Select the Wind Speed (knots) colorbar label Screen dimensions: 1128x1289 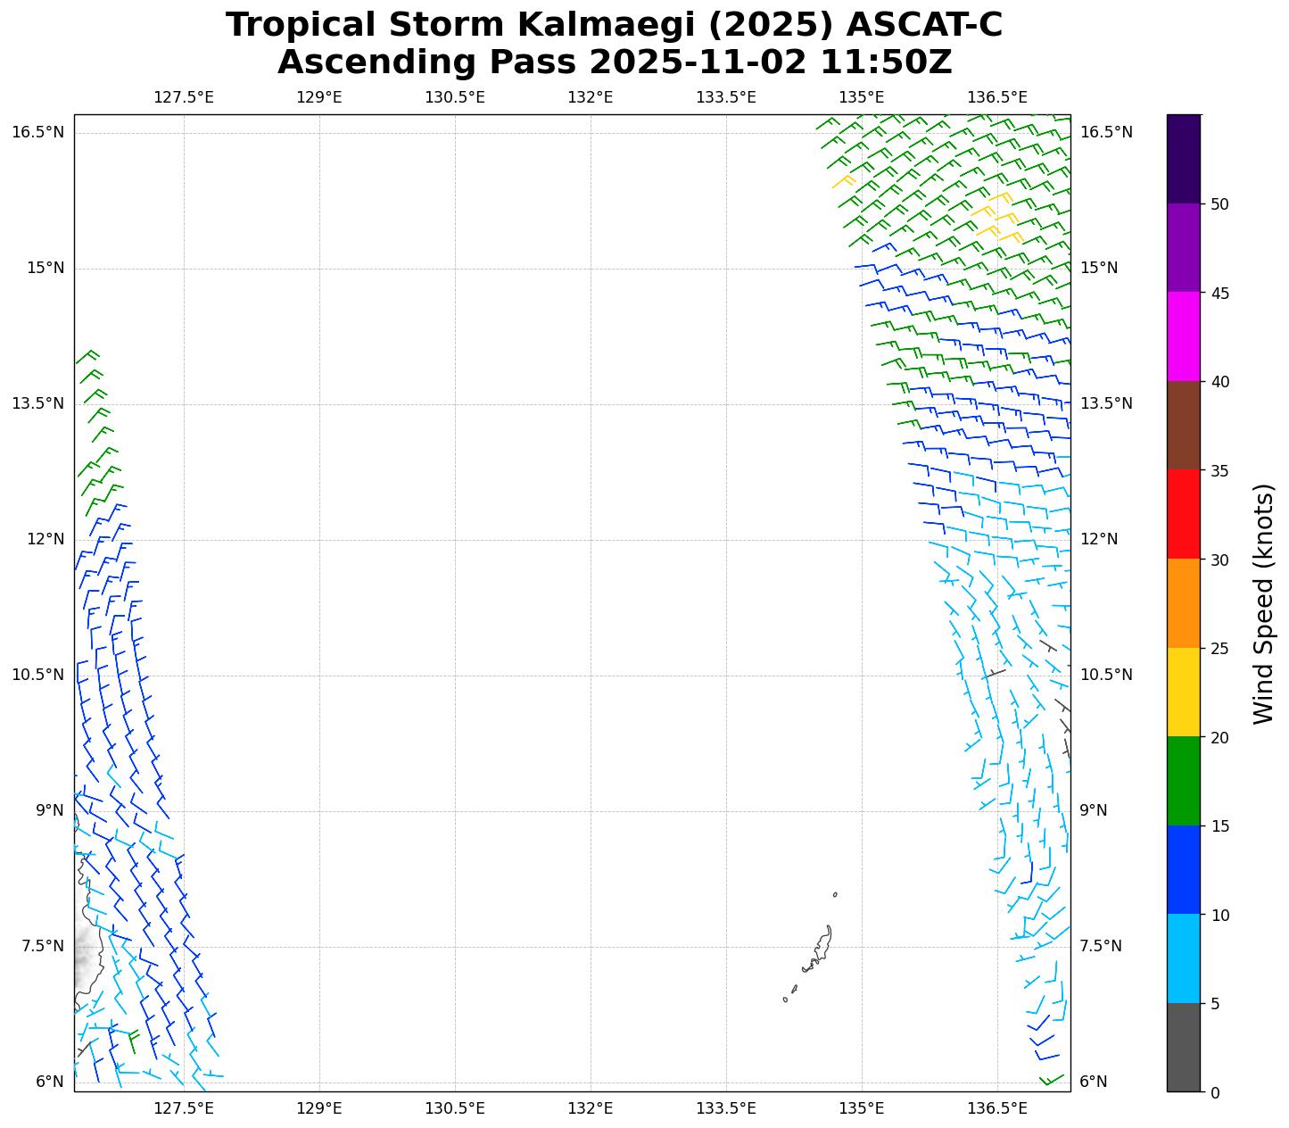point(1263,603)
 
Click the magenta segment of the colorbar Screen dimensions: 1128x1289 point(1184,336)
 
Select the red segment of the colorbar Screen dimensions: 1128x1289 point(1184,514)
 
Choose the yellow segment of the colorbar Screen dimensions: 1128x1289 point(1184,692)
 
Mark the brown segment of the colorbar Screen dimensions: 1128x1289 point(1184,426)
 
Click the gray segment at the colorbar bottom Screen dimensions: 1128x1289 point(1184,1047)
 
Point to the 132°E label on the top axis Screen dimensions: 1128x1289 point(591,97)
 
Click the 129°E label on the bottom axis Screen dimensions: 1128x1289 point(319,1108)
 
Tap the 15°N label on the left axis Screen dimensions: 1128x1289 point(43,269)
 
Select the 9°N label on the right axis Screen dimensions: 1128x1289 point(1094,810)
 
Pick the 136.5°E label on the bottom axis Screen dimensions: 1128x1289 point(997,1108)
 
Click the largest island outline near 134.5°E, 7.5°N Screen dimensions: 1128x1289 point(822,948)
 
